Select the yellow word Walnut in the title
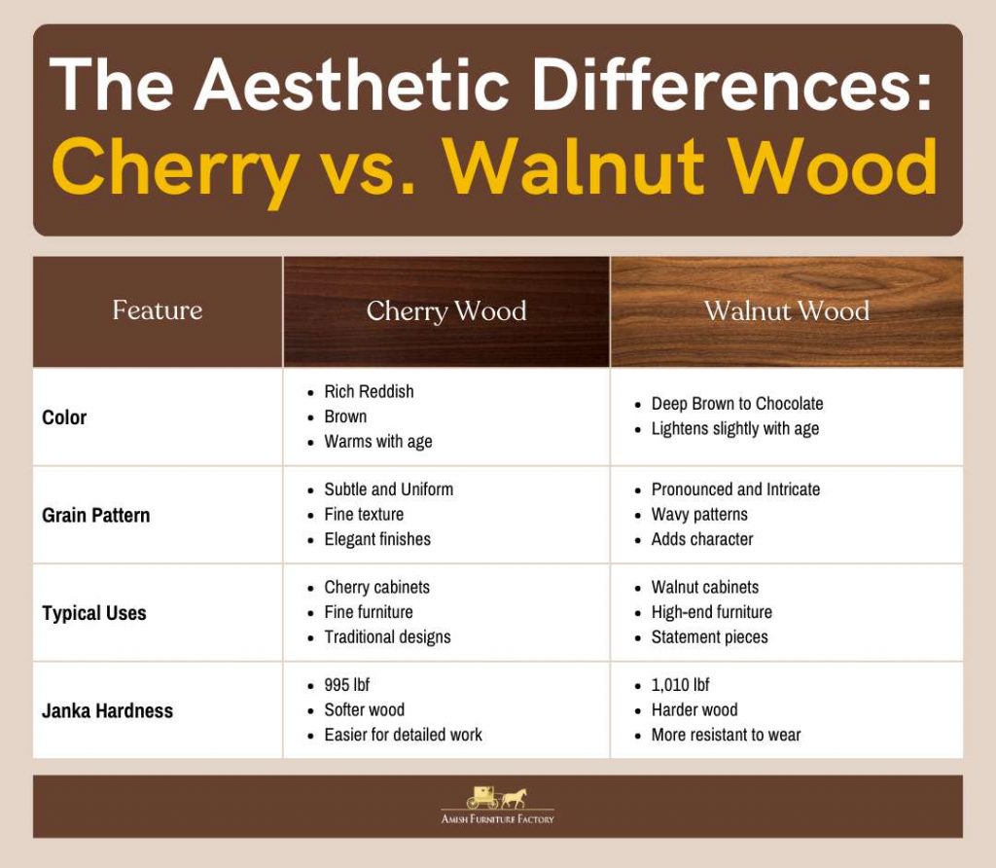[576, 165]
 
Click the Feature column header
[158, 310]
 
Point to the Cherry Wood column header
[446, 311]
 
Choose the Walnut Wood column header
[787, 310]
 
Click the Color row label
[64, 417]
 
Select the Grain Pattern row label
[96, 516]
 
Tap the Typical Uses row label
[94, 613]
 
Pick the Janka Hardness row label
[107, 710]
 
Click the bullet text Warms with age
[378, 442]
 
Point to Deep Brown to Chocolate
[737, 404]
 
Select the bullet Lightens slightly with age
[735, 429]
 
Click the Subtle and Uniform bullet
[389, 489]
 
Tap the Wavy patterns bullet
[699, 514]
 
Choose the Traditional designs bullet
[387, 636]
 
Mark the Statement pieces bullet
[709, 636]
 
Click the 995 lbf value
[347, 685]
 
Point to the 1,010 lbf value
[680, 685]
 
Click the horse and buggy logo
[497, 798]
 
